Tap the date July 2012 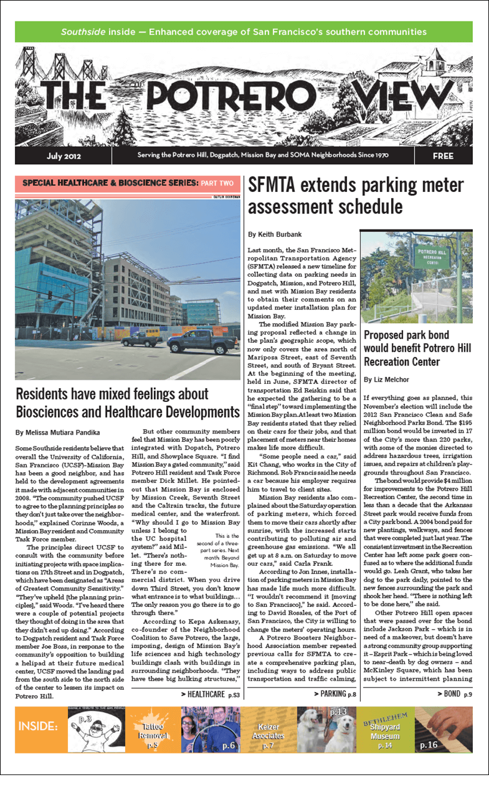click(x=64, y=156)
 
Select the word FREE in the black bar click(x=442, y=156)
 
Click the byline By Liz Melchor click(x=386, y=379)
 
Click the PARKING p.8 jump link click(x=335, y=694)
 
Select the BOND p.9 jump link click(x=458, y=694)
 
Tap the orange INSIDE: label click(x=38, y=726)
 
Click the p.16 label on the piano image click(x=428, y=745)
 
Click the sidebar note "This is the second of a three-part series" click(x=224, y=549)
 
